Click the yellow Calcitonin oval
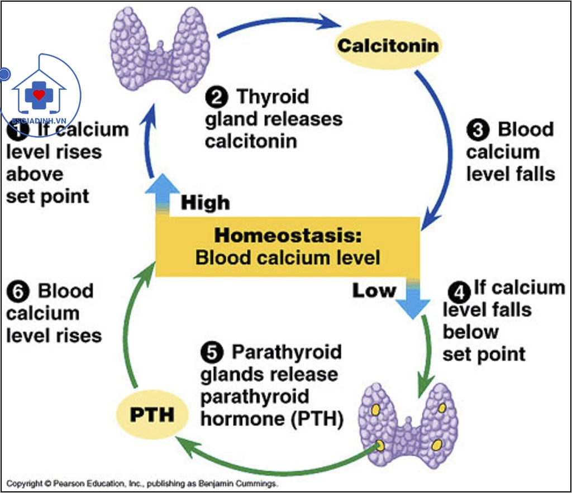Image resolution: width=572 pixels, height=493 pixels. coord(387,45)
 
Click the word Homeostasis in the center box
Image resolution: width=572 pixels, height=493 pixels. coord(288,235)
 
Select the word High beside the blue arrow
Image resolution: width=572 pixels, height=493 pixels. coord(205,203)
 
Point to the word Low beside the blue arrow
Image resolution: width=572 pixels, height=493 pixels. coord(374,290)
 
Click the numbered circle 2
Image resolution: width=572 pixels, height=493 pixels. coord(216,98)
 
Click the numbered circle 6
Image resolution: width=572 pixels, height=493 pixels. coord(17,292)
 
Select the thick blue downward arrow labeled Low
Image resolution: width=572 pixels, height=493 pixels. coord(413,299)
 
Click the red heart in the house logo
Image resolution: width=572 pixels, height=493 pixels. coord(39,94)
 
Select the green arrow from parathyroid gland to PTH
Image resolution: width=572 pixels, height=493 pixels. coord(268,461)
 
